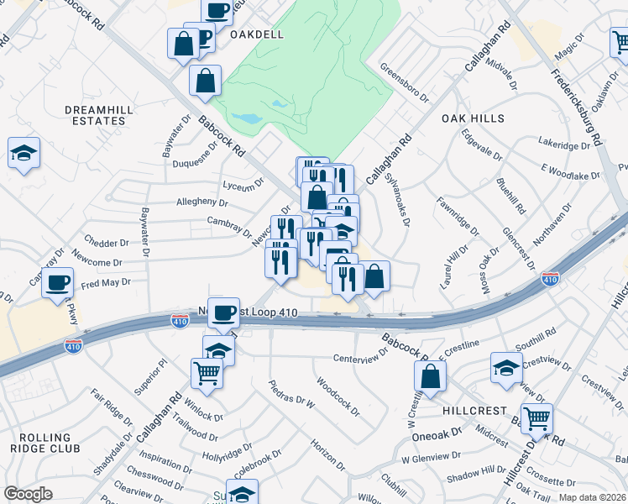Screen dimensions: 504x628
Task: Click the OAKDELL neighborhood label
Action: tap(251, 34)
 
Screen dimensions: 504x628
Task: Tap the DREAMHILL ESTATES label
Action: tap(95, 116)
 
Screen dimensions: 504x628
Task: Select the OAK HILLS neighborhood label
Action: tap(474, 118)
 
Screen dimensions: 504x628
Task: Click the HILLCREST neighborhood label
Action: tap(474, 411)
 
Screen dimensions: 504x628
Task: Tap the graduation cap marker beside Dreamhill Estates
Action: tap(24, 154)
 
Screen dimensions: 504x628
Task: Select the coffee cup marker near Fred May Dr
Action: tap(58, 282)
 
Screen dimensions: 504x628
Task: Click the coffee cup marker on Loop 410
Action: tap(223, 313)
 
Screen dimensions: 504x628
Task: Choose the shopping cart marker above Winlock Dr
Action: tap(207, 371)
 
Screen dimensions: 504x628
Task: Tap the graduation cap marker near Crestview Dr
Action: tap(506, 368)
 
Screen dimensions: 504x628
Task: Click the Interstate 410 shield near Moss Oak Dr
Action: tap(550, 278)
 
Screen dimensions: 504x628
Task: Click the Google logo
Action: tap(28, 494)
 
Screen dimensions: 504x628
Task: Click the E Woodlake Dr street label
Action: tap(571, 172)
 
